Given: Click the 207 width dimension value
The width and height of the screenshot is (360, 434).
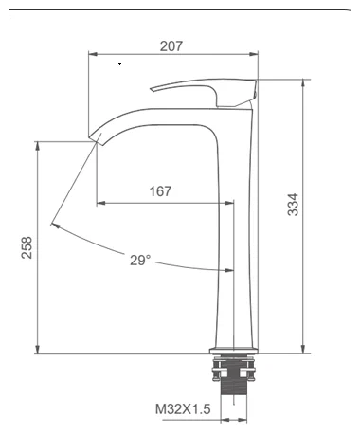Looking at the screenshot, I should (171, 44).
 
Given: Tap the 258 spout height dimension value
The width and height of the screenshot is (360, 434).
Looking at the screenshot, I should (27, 246).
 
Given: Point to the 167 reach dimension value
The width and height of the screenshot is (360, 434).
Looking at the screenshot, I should (161, 192).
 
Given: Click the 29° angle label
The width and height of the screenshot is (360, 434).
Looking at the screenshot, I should (140, 259).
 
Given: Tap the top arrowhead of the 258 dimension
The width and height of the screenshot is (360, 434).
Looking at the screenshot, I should (37, 144).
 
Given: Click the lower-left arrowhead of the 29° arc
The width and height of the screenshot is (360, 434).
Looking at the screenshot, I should (55, 226).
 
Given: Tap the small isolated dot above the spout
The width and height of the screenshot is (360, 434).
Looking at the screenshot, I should (119, 63).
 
